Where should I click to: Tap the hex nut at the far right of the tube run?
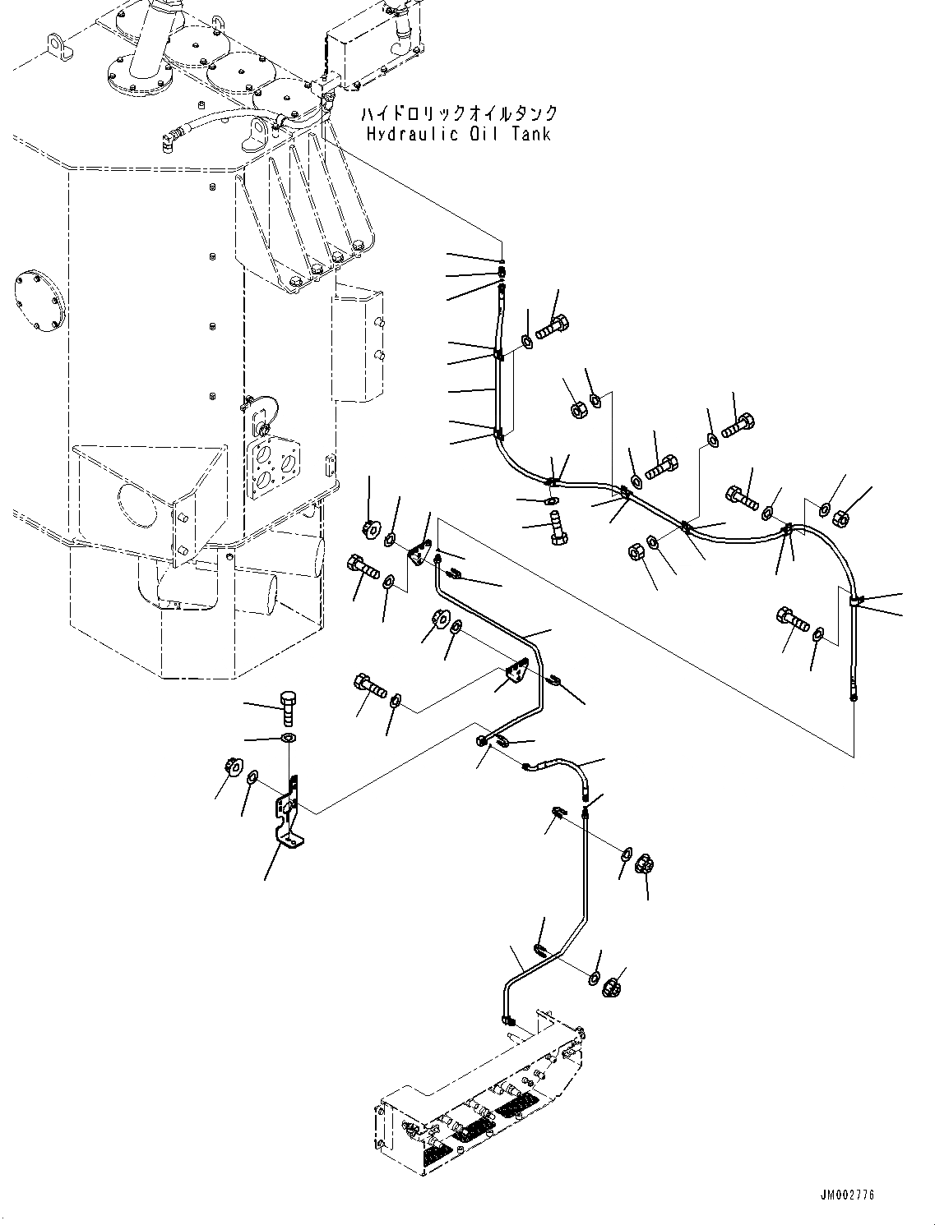841,517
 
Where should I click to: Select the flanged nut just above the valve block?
612,988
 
